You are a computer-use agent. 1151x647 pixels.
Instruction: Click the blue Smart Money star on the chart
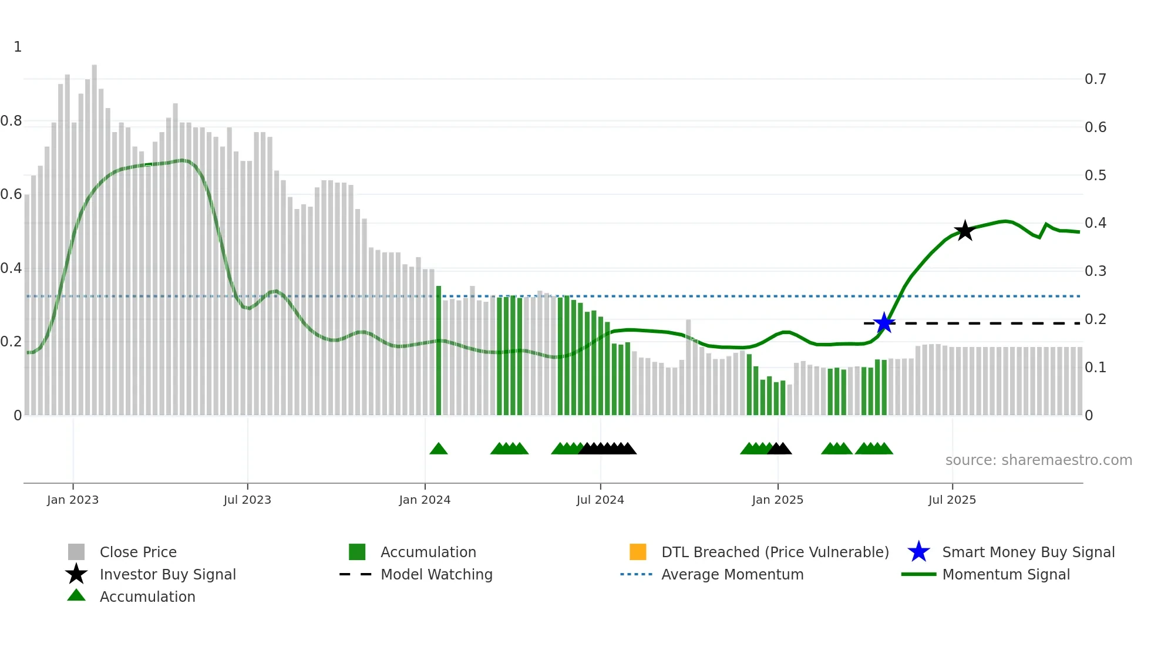[884, 323]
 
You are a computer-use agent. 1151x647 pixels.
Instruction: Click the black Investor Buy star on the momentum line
[964, 231]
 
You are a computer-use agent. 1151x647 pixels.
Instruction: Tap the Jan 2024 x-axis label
[425, 500]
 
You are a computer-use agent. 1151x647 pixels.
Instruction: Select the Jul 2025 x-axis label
[952, 500]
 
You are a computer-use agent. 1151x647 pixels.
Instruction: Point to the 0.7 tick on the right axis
[1095, 79]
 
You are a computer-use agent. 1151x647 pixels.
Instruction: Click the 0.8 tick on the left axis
[11, 121]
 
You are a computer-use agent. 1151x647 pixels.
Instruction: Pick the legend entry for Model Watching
[436, 574]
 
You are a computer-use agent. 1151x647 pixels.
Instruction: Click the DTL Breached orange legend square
[638, 552]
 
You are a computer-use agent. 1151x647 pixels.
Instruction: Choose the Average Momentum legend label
[732, 574]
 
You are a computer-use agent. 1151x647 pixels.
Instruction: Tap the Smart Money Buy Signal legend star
[918, 552]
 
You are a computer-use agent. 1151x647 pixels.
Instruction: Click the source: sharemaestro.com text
[1038, 460]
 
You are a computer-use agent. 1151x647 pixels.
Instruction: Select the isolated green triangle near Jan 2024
[439, 449]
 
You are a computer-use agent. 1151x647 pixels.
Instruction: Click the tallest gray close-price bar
[94, 235]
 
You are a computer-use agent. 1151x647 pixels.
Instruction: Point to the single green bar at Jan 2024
[439, 352]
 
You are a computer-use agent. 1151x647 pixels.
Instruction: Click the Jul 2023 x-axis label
[247, 500]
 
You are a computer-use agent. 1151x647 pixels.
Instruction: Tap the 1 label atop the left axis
[18, 47]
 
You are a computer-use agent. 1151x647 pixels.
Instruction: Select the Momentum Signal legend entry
[1005, 574]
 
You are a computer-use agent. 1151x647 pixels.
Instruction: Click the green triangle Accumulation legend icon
[76, 596]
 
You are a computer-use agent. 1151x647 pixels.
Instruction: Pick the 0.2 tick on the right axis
[1095, 319]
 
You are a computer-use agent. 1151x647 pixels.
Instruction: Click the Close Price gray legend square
[76, 552]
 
